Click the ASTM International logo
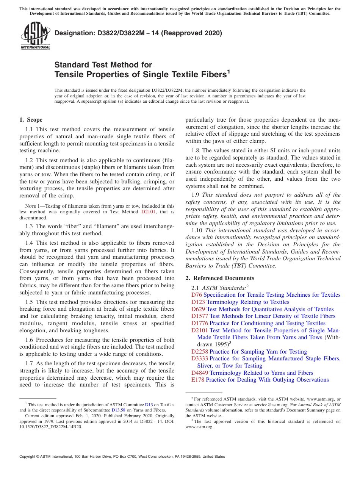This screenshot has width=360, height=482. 35,36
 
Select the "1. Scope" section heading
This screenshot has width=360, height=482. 31,120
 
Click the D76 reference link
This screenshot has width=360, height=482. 197,295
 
